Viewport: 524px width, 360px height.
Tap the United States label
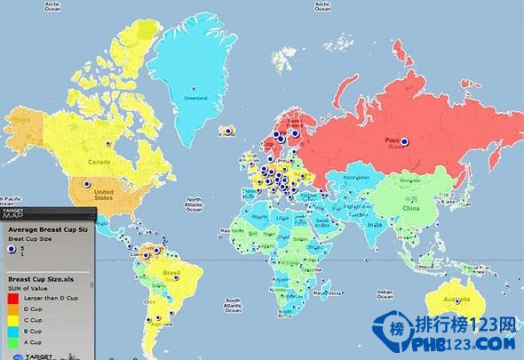click(x=105, y=195)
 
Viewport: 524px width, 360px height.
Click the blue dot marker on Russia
click(x=404, y=141)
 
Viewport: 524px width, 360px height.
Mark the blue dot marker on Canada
click(x=108, y=142)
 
